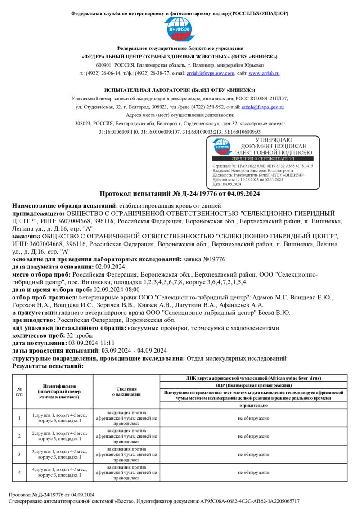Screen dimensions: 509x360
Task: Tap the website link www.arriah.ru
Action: [x=264, y=73]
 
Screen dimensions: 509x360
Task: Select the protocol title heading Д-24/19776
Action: [x=180, y=194]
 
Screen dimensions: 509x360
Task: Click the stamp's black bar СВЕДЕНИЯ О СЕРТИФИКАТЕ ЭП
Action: [x=262, y=159]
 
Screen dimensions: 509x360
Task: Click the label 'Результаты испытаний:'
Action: [x=48, y=366]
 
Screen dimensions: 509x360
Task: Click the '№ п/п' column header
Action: [x=19, y=391]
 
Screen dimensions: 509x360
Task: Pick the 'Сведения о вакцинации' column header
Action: [x=126, y=391]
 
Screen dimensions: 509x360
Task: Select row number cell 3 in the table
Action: [x=19, y=454]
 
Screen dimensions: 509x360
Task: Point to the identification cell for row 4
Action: [x=59, y=472]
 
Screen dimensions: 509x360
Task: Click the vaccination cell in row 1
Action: [x=126, y=418]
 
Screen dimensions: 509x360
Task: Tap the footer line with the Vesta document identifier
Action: [x=154, y=501]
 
